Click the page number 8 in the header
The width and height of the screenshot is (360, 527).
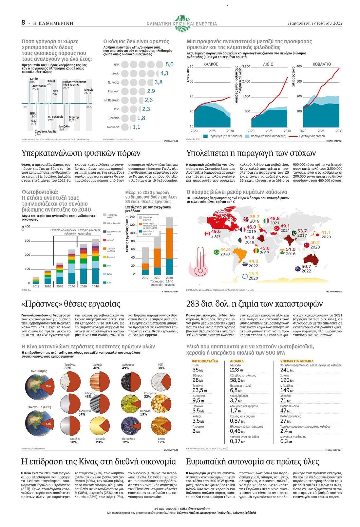click(x=23, y=23)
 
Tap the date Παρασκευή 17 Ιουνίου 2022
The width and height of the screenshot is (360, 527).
click(x=315, y=23)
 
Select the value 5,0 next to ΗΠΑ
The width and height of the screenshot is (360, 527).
click(x=169, y=64)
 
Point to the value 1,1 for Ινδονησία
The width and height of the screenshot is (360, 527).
click(x=136, y=127)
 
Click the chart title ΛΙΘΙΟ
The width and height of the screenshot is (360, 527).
click(x=268, y=64)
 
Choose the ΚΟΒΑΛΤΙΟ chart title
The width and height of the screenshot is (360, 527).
click(x=322, y=64)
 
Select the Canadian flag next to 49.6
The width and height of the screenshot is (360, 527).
click(x=207, y=234)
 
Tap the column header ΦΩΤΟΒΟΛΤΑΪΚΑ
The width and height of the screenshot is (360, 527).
click(x=205, y=361)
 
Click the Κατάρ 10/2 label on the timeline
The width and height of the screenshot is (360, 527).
click(x=34, y=80)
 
